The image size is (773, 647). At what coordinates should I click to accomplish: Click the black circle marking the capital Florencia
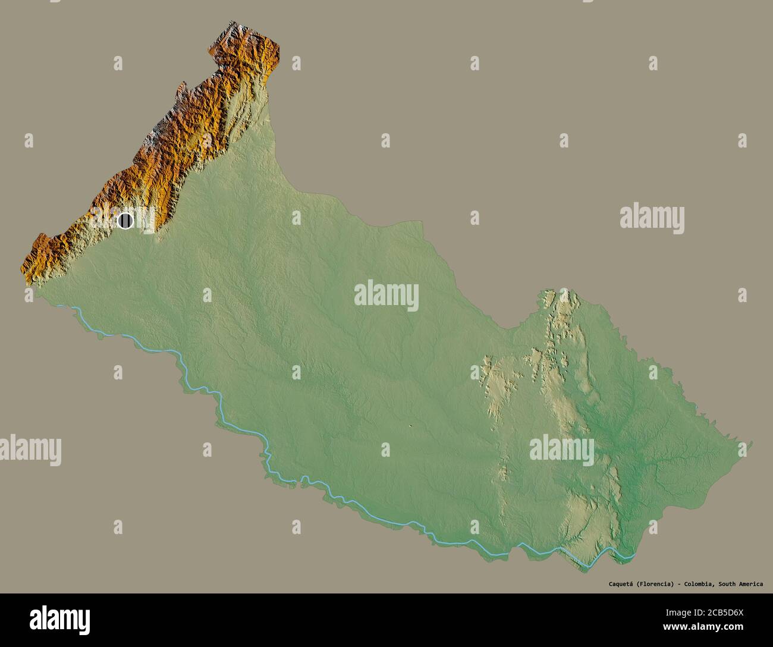[125, 221]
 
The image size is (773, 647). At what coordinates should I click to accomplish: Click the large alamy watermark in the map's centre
[386, 296]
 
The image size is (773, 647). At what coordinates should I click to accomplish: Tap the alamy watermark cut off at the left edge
[30, 450]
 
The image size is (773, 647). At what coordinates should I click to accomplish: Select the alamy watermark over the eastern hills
[562, 450]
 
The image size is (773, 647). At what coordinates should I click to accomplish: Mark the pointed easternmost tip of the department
[752, 443]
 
